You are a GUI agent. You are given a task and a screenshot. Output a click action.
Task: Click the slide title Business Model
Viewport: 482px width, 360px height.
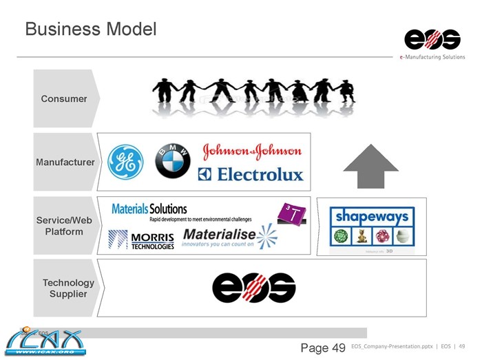coord(90,30)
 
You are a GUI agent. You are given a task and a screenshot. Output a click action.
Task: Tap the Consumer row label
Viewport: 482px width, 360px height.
coord(64,98)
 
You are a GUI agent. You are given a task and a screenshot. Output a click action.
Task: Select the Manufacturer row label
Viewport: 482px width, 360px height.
coord(65,162)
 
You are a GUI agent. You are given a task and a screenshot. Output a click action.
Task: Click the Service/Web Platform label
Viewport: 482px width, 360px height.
coord(64,226)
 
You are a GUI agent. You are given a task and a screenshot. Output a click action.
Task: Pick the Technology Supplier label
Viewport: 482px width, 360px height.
coord(67,288)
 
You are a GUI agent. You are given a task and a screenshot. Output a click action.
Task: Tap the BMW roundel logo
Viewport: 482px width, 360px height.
coord(172,162)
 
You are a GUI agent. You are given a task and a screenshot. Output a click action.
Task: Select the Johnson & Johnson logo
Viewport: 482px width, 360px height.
coord(252,151)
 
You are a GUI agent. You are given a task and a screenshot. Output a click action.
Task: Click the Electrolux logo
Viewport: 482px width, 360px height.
coord(251,175)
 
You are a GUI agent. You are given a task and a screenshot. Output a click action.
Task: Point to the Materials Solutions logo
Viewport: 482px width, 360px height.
coord(149,209)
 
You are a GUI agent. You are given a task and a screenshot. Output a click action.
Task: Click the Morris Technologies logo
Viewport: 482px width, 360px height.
coord(141,240)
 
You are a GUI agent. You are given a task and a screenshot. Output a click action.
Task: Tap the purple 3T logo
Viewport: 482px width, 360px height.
coord(291,214)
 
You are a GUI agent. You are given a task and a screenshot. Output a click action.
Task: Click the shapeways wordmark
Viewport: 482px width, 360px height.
coord(371,217)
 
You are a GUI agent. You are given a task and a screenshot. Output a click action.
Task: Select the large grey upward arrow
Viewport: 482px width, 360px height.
coord(370,166)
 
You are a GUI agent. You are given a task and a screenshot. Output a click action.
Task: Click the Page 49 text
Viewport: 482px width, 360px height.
coord(322,348)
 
